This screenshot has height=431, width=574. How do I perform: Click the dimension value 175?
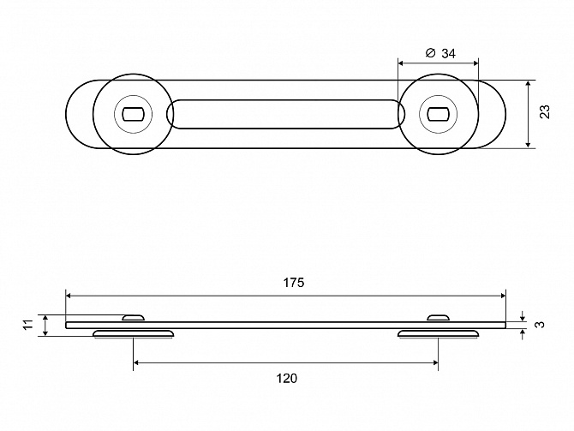[294, 283]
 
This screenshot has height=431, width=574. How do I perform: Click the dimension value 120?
[287, 378]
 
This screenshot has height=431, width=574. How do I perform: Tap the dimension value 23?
[545, 111]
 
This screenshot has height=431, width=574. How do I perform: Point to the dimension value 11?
[28, 325]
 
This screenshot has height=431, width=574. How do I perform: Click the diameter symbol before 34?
[430, 53]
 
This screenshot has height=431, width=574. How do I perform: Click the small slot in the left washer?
[133, 114]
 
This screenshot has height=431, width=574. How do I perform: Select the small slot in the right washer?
[438, 114]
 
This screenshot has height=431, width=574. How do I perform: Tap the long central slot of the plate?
[285, 114]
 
